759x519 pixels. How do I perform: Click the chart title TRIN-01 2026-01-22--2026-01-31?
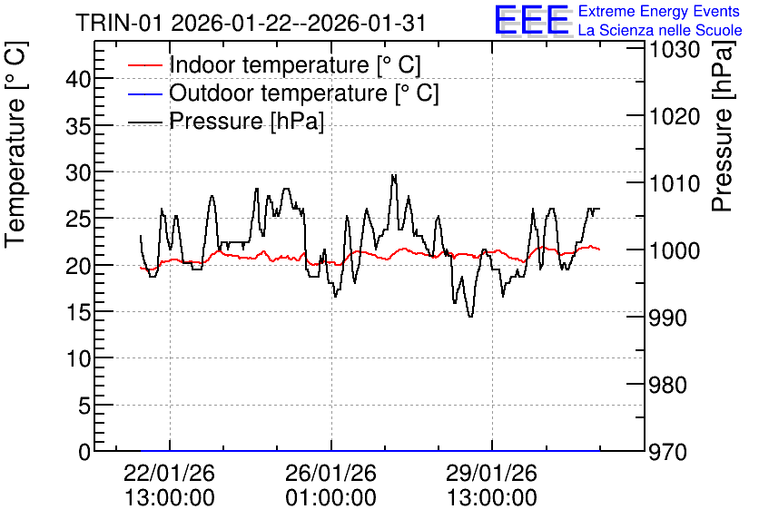[x=251, y=23]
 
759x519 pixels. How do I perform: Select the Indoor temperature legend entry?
[x=274, y=64]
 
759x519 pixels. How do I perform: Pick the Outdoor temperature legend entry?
[x=283, y=93]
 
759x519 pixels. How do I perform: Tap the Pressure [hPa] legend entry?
[x=226, y=121]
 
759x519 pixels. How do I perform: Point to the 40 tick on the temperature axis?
[x=78, y=79]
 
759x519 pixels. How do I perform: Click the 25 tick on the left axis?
[x=78, y=219]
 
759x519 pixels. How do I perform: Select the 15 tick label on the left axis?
[x=78, y=312]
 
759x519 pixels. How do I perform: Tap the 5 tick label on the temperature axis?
[x=84, y=406]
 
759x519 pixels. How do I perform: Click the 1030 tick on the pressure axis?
[x=675, y=49]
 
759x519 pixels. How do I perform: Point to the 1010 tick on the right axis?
[x=675, y=184]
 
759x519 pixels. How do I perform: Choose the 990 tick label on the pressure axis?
[x=668, y=318]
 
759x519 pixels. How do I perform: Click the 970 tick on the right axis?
[x=668, y=452]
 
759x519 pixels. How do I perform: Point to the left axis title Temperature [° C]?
[x=15, y=145]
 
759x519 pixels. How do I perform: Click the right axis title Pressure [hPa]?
[x=722, y=127]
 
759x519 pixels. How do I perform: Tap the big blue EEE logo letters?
[x=532, y=20]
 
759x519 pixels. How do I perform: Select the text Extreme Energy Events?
[x=659, y=11]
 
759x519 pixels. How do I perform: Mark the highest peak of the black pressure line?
[x=393, y=175]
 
